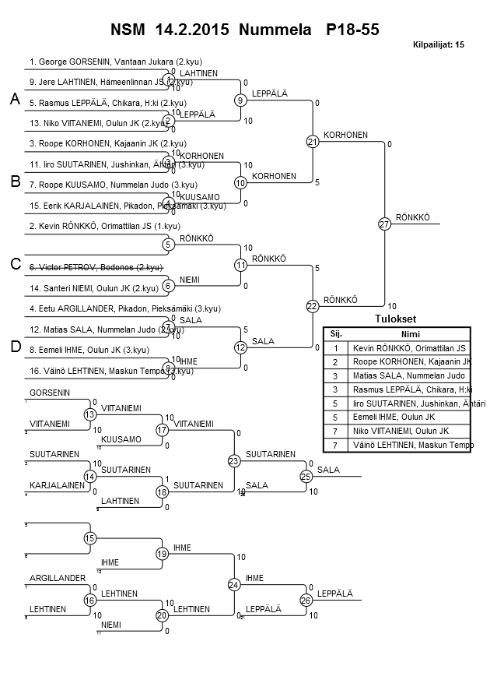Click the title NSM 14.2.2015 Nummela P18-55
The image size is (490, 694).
(245, 30)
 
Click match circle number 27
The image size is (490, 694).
(384, 224)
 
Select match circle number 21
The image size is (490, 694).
(313, 142)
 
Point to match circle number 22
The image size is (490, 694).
(313, 306)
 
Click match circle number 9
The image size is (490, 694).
(241, 100)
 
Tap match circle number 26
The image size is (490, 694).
(306, 600)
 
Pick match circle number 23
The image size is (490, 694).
(233, 461)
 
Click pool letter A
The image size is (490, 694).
(15, 100)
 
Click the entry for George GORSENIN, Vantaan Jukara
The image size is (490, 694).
(116, 61)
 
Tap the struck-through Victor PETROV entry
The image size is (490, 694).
(95, 267)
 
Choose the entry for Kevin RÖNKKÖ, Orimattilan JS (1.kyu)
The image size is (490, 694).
(104, 226)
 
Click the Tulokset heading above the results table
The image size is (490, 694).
(395, 319)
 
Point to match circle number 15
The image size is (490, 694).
(90, 538)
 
